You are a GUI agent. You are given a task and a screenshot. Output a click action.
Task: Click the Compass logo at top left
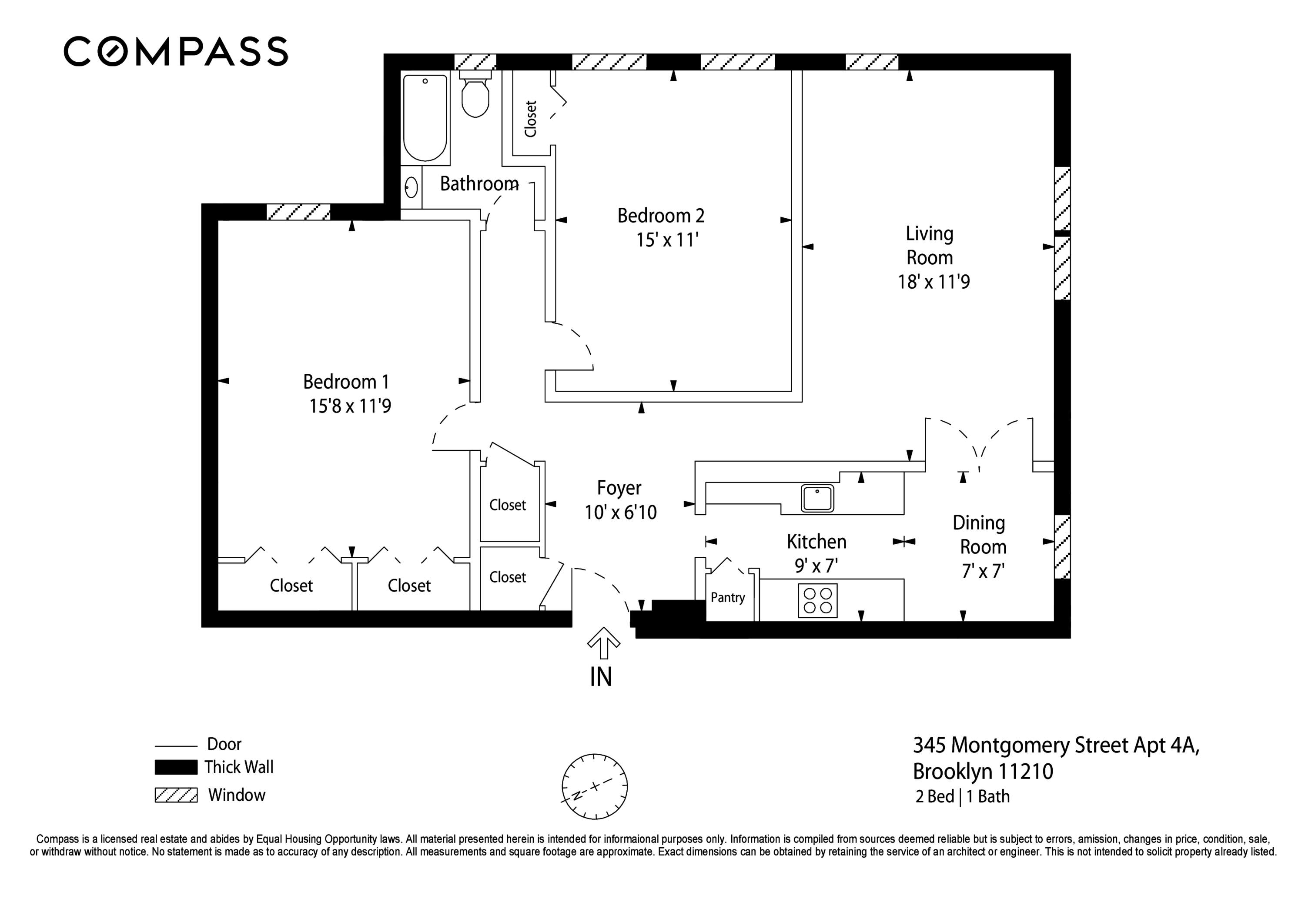pos(176,51)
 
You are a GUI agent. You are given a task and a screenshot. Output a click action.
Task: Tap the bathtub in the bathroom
pos(425,118)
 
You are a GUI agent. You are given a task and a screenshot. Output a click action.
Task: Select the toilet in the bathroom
pos(475,96)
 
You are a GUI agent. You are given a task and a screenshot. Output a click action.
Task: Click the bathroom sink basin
pos(412,187)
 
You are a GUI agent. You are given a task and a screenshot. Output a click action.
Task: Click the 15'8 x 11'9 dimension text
pos(350,406)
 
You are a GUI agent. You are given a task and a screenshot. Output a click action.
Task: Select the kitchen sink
pos(817,498)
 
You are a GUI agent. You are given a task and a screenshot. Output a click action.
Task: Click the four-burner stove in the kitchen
pos(817,600)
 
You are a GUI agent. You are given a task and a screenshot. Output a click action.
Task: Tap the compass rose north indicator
pos(595,787)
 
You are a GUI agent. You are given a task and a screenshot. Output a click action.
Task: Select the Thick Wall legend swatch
pos(176,767)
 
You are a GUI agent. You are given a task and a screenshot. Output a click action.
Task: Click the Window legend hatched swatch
pos(176,795)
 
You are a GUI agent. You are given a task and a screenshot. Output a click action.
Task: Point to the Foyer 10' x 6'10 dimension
pos(620,513)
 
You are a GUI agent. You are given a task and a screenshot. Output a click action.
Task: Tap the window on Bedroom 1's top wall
pos(298,211)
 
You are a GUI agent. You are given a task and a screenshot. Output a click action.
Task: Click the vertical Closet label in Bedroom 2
pos(530,119)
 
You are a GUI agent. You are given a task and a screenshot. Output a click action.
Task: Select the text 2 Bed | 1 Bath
pos(962,796)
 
